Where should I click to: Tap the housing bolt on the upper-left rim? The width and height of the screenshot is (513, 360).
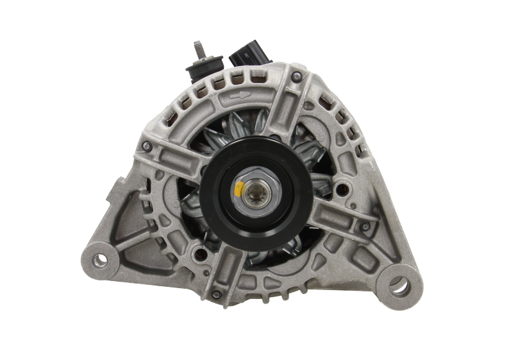coord(147,147)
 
